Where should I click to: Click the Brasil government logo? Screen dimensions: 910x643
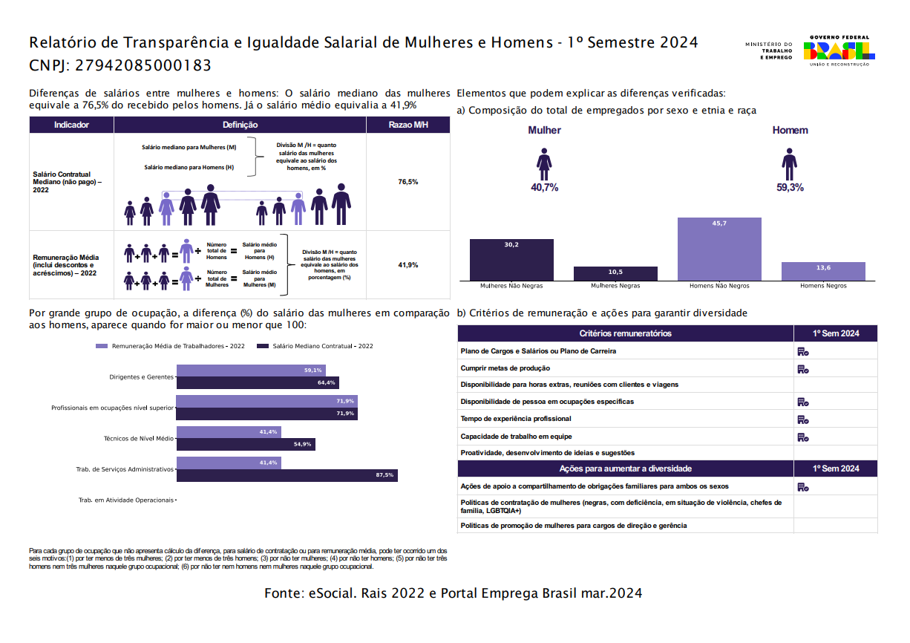click(x=839, y=50)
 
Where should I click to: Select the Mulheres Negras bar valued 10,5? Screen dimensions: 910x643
click(x=615, y=273)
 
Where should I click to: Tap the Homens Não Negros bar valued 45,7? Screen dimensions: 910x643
click(x=719, y=249)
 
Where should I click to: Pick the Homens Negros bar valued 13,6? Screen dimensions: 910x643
click(x=823, y=272)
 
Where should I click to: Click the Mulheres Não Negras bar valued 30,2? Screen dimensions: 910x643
click(x=511, y=260)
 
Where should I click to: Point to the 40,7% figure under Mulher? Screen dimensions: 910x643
click(x=544, y=187)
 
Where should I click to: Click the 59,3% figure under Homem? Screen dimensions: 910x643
click(x=790, y=187)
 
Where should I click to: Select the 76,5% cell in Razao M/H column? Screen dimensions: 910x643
click(x=408, y=182)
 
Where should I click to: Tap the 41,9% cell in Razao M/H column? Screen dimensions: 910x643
click(x=408, y=265)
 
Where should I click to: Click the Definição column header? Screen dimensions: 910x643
click(x=240, y=125)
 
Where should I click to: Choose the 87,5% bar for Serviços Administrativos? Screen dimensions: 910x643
click(x=287, y=475)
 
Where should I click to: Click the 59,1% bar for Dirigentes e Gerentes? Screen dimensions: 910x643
click(x=251, y=371)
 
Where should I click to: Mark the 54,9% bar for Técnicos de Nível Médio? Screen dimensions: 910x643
click(x=246, y=444)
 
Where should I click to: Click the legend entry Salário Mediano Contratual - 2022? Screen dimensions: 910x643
click(x=315, y=346)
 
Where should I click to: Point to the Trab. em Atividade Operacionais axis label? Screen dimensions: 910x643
click(x=126, y=500)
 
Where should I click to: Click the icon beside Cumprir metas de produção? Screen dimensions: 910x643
click(x=803, y=369)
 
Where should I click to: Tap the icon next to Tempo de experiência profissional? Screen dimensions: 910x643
click(x=803, y=420)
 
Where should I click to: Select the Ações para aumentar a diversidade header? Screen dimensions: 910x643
click(x=625, y=469)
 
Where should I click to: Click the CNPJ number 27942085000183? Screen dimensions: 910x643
click(x=143, y=65)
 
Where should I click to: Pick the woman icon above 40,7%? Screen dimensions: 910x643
click(x=544, y=164)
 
